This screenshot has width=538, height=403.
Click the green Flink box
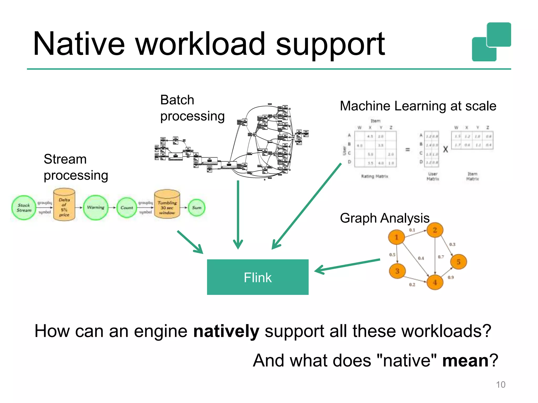257,277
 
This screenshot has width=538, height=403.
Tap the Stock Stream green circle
24,208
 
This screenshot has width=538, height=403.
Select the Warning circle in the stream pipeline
96,208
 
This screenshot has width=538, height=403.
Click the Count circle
127,208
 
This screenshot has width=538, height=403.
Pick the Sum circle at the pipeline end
196,208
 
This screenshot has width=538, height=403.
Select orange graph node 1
396,237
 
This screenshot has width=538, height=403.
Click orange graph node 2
435,230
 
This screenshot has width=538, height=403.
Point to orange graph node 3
397,271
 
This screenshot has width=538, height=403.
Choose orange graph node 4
435,282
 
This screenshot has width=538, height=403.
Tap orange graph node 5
458,262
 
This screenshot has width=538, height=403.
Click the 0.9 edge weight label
451,277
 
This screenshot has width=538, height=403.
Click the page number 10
500,385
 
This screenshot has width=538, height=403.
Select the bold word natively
226,331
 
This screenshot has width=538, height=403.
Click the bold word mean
465,360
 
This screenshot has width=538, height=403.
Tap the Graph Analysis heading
385,218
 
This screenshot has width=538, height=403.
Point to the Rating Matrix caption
375,176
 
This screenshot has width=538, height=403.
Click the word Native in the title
79,44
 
